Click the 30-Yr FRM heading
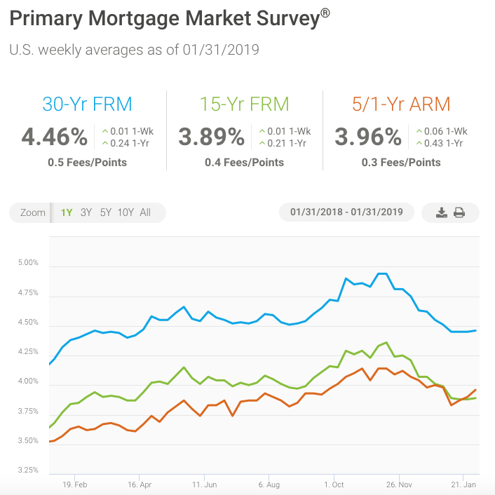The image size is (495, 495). pyautogui.click(x=88, y=104)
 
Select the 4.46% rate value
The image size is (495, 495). pyautogui.click(x=55, y=136)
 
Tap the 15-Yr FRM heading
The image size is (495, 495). pyautogui.click(x=244, y=104)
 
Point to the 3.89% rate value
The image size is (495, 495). pyautogui.click(x=211, y=136)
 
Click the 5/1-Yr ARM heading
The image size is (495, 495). pyautogui.click(x=401, y=104)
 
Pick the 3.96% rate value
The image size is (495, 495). pyautogui.click(x=368, y=136)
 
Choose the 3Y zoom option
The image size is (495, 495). pyautogui.click(x=86, y=212)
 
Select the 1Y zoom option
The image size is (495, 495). pyautogui.click(x=67, y=212)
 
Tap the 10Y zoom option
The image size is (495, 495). pyautogui.click(x=126, y=212)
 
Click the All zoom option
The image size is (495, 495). pyautogui.click(x=145, y=212)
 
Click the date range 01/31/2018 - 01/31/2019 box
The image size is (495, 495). pyautogui.click(x=346, y=212)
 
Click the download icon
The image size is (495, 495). pyautogui.click(x=441, y=212)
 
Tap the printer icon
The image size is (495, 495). pyautogui.click(x=460, y=212)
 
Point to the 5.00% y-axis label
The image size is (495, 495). pyautogui.click(x=27, y=264)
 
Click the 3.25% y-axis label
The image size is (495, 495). pyautogui.click(x=27, y=470)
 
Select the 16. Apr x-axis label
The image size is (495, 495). pyautogui.click(x=140, y=484)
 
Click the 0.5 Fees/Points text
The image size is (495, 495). pyautogui.click(x=88, y=162)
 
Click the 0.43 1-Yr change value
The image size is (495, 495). pyautogui.click(x=441, y=143)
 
